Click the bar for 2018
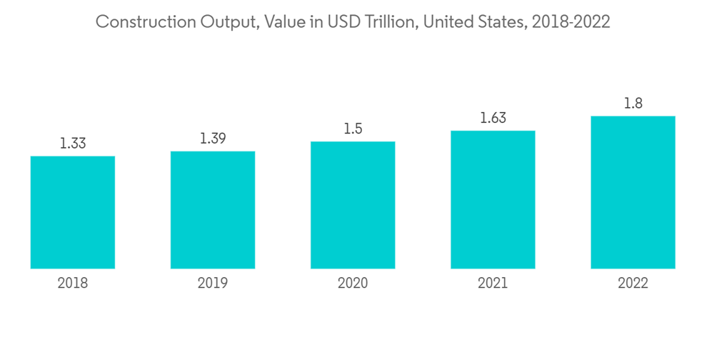point(73,212)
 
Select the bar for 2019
point(213,210)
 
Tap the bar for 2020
point(353,205)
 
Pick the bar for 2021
point(493,199)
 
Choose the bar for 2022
point(633,192)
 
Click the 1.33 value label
point(73,144)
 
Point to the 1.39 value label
point(213,139)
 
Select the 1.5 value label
point(353,129)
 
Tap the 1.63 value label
point(493,118)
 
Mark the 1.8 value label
point(633,104)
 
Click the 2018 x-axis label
point(73,284)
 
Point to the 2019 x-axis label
point(213,284)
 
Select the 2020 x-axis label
point(353,284)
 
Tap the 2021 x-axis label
point(493,284)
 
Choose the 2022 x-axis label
point(633,284)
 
